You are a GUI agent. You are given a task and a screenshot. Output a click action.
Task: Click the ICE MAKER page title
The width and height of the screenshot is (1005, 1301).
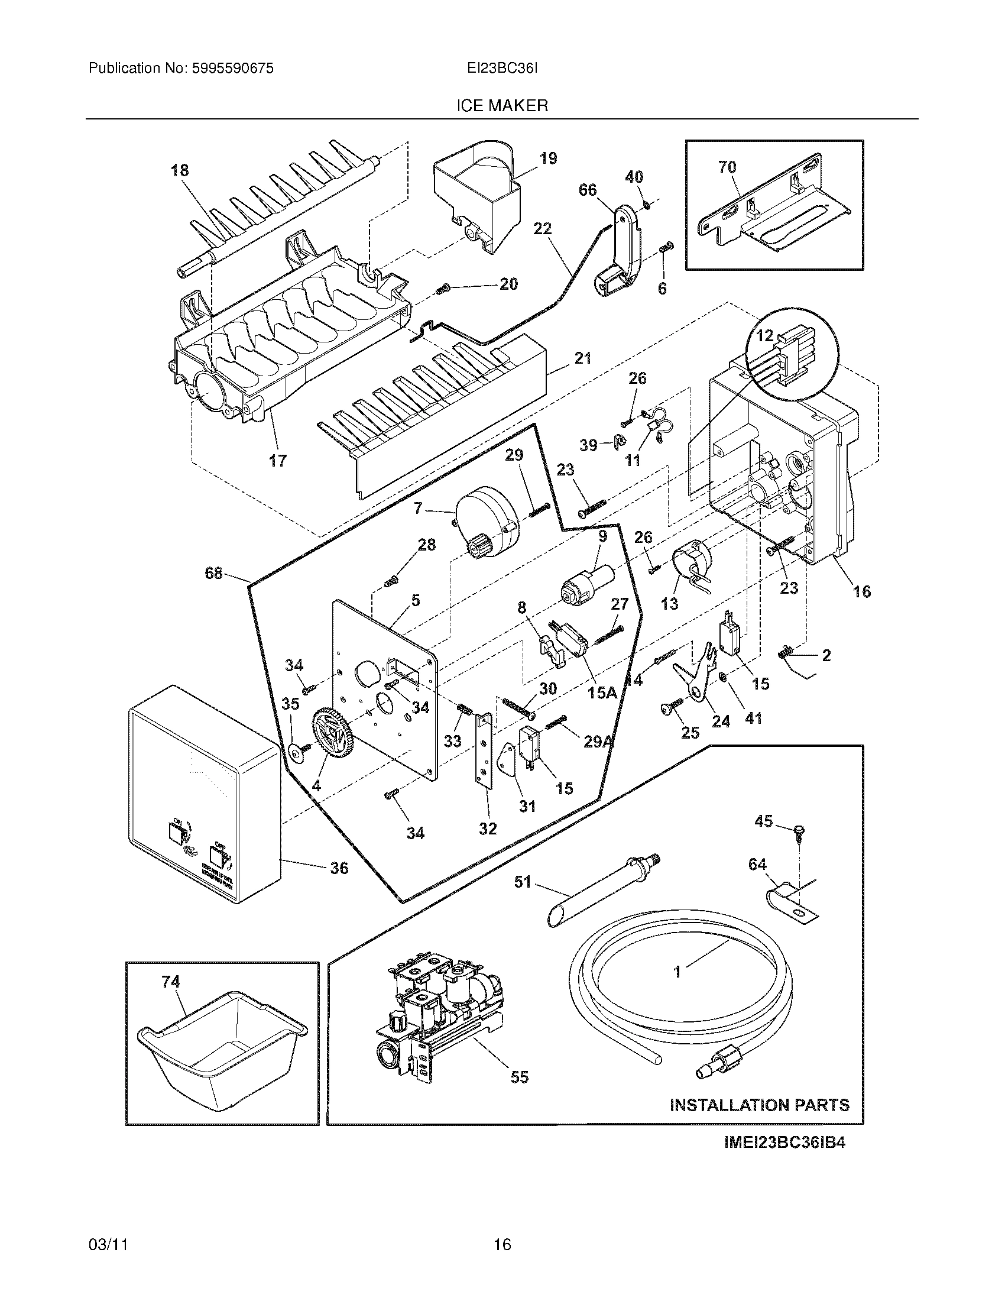pos(502,106)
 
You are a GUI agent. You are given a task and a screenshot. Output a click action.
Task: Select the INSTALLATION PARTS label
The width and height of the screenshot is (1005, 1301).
pos(760,1105)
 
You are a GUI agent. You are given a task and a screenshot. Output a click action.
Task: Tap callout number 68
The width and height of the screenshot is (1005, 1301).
pos(213,573)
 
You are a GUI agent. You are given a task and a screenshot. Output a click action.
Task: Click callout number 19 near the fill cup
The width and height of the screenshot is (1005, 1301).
pos(549,158)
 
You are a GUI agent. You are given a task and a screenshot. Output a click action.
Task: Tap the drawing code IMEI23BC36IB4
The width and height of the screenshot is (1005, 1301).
pos(784,1143)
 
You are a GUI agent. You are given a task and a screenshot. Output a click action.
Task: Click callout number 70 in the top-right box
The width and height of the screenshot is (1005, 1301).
pos(727,167)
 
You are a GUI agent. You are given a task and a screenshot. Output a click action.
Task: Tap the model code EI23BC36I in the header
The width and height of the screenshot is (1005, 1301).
pos(502,69)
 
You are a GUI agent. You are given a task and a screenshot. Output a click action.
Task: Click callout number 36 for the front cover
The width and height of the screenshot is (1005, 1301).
pos(339,868)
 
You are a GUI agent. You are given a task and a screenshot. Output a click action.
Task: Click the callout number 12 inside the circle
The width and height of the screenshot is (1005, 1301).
pos(764,335)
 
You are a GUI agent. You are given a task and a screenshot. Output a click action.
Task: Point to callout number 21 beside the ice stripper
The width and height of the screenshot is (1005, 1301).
pos(583,358)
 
